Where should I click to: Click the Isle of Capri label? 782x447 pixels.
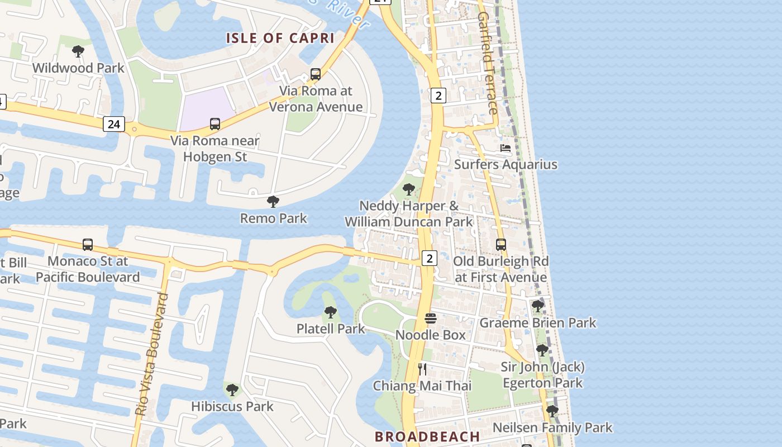(x=280, y=38)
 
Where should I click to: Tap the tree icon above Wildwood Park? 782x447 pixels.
(x=78, y=51)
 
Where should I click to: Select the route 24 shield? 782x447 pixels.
(x=113, y=124)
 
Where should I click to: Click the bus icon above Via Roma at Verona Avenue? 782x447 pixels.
(x=316, y=74)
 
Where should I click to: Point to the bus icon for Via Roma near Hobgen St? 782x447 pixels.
(x=215, y=124)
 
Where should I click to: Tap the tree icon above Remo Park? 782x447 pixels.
(x=273, y=202)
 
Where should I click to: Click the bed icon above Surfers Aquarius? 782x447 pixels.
(x=506, y=148)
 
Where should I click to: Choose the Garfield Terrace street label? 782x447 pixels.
(x=487, y=63)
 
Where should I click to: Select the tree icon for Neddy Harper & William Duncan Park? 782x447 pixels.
(x=409, y=189)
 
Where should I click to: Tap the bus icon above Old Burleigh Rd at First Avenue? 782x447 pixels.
(x=501, y=245)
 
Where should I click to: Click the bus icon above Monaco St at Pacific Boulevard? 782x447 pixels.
(x=88, y=245)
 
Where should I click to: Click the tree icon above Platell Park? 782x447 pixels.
(x=331, y=312)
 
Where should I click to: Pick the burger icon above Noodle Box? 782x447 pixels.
(x=431, y=318)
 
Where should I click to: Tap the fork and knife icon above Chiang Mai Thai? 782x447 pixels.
(x=422, y=369)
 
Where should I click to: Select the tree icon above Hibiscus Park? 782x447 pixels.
(x=232, y=389)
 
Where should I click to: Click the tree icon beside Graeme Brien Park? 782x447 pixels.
(x=538, y=306)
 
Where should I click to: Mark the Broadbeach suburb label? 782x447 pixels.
(x=427, y=436)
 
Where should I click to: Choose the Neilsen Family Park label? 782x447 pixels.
(x=552, y=428)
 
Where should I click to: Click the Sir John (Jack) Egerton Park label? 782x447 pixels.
(x=542, y=375)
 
